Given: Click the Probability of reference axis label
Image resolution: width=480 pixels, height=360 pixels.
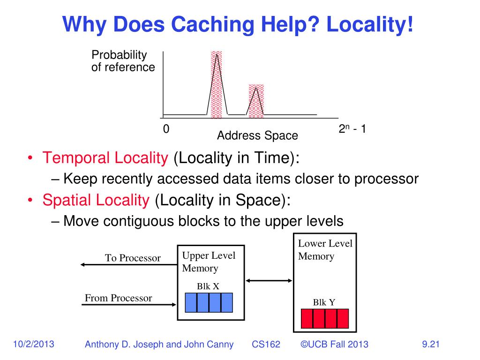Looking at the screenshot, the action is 123,61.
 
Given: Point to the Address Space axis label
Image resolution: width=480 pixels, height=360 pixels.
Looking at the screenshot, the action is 257,136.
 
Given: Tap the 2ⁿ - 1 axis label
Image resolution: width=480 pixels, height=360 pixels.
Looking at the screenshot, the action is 352,130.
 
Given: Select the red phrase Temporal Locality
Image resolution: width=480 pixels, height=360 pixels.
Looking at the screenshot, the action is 105,158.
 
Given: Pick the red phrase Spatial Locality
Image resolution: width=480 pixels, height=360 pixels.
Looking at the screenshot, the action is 96,200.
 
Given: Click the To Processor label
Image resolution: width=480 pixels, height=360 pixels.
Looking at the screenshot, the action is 133,258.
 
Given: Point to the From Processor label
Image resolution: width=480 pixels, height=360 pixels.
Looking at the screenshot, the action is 118,298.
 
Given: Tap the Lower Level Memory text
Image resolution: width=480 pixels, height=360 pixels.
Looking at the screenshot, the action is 325,250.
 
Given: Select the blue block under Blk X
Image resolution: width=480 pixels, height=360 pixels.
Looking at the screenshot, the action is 209,302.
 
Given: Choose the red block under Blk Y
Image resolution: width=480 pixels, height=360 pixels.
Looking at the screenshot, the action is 324,318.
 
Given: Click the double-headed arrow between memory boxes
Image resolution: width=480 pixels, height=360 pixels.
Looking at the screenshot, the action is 269,281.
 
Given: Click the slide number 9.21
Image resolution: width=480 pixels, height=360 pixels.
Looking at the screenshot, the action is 430,345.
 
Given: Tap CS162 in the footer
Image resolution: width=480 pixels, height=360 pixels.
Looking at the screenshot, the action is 266,345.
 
